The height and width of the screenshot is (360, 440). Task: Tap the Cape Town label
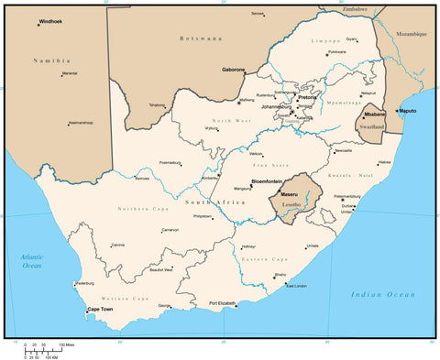coord(100,310)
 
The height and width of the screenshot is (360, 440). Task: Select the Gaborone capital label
coord(233,70)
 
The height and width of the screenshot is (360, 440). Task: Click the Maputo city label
coord(408,111)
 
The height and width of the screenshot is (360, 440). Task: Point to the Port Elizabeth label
coord(223,303)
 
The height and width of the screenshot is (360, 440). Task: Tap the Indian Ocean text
coord(383,294)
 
